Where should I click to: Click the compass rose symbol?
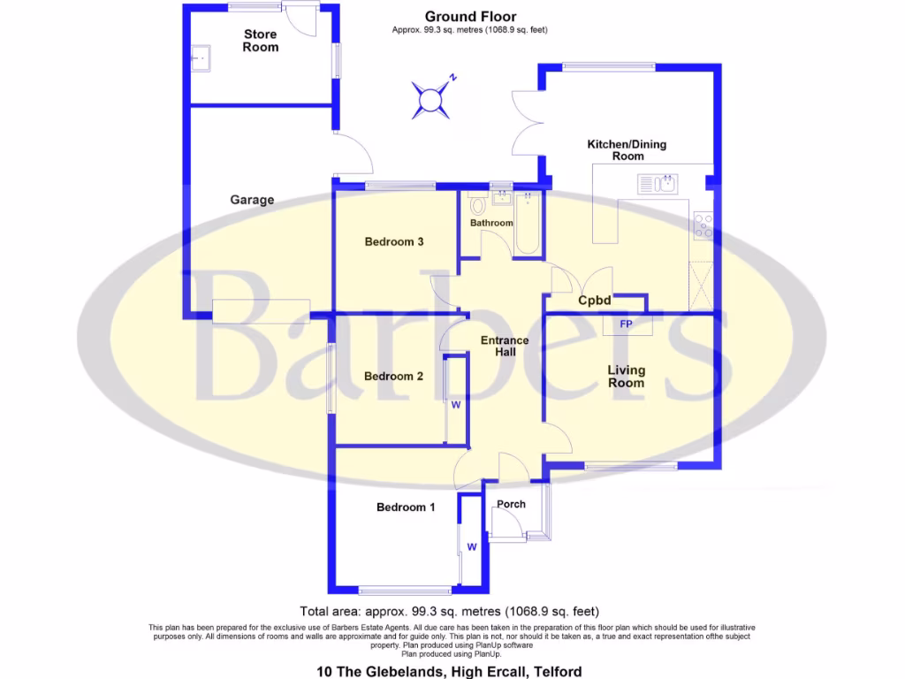431,97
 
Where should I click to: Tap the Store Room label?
261,41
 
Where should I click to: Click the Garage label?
252,200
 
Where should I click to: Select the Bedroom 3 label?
395,241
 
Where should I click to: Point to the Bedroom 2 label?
393,376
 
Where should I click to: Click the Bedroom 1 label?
406,507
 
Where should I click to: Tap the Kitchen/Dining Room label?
627,150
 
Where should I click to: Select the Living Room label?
626,377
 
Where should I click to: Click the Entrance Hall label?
505,347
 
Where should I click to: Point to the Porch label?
512,505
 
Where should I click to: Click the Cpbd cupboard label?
595,301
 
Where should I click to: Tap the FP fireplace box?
626,325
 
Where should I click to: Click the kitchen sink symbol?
658,184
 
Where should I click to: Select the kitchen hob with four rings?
704,226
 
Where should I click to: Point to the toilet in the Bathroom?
479,205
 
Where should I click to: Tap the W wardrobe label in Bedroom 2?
456,405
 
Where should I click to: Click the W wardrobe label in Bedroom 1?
472,546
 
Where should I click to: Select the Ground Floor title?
470,16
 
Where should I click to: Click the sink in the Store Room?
199,57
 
